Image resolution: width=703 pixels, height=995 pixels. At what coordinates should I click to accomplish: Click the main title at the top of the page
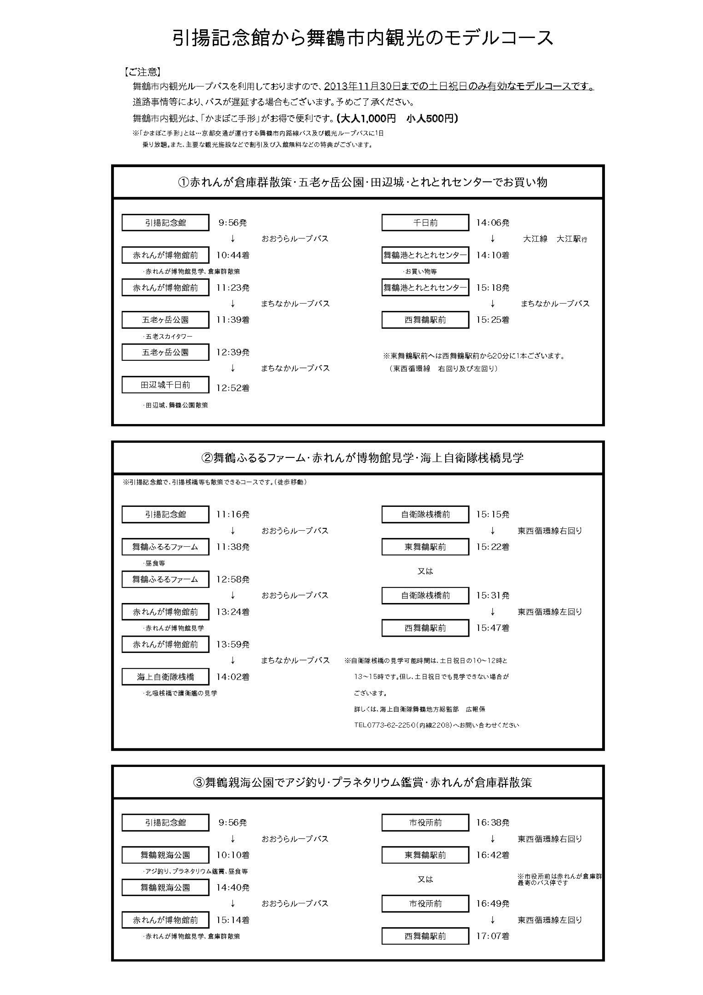[363, 38]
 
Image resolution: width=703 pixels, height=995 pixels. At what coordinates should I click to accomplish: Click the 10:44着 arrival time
[233, 255]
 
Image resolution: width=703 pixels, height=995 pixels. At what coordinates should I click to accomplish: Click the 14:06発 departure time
[492, 223]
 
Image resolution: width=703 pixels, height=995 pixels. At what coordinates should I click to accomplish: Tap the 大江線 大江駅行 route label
[554, 239]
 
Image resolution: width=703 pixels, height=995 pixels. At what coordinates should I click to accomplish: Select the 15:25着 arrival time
[492, 320]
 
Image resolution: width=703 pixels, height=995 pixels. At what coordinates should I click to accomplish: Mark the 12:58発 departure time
[233, 579]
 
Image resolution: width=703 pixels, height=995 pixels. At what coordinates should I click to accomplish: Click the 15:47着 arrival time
[492, 628]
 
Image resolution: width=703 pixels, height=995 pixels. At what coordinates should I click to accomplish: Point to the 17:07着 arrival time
[492, 936]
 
